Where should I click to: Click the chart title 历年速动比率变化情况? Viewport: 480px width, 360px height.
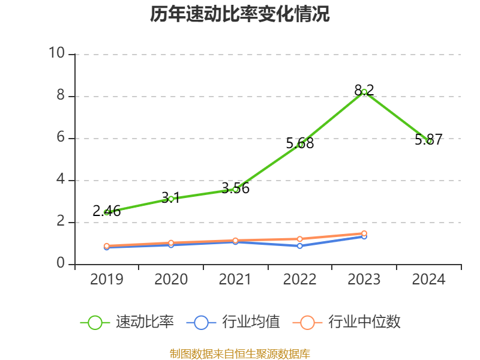240,14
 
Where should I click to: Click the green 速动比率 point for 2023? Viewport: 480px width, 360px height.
364,92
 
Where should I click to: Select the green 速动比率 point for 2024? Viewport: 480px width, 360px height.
429,141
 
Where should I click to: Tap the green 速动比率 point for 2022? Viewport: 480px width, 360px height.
300,145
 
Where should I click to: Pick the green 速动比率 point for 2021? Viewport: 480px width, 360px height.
235,189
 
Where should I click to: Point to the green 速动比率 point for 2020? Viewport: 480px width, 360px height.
171,199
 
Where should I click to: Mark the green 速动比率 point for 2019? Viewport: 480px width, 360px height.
107,212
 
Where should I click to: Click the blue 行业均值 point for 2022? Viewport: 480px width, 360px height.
300,246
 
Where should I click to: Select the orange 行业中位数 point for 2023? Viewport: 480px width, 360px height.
364,233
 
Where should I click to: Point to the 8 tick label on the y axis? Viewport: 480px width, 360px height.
61,96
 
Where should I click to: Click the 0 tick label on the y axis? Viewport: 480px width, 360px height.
61,264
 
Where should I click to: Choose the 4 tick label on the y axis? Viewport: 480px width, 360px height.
61,180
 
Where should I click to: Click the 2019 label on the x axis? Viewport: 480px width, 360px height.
107,280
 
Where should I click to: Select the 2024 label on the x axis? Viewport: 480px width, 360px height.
429,280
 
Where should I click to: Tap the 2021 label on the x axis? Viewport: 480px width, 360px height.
235,280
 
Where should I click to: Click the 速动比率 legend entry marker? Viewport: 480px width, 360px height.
95,322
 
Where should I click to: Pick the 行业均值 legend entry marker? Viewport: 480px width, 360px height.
201,322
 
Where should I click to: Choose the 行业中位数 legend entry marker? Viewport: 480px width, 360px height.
307,322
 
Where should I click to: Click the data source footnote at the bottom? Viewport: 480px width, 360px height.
240,353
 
